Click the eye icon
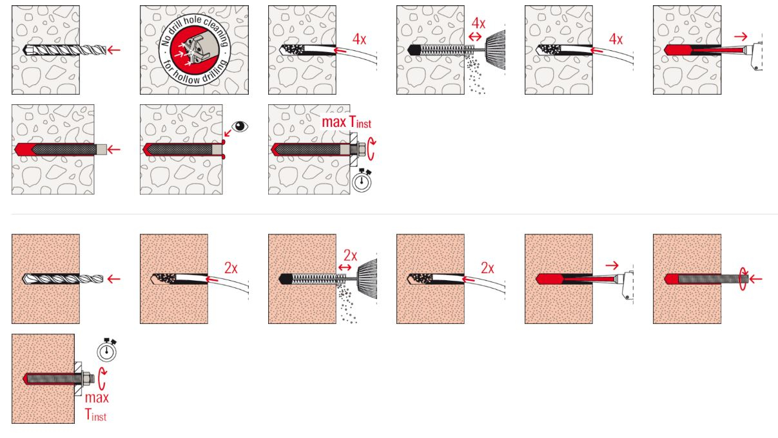[240, 126]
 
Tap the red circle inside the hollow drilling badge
[195, 50]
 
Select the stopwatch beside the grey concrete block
[362, 180]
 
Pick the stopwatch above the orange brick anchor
[106, 350]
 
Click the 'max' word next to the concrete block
[334, 122]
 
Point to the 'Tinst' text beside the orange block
[96, 415]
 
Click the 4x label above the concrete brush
[478, 24]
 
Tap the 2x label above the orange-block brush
[350, 256]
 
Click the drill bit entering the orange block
[63, 279]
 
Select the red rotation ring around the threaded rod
[743, 278]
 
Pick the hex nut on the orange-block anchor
[86, 379]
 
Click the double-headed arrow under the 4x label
[475, 36]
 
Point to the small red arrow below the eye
[228, 133]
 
